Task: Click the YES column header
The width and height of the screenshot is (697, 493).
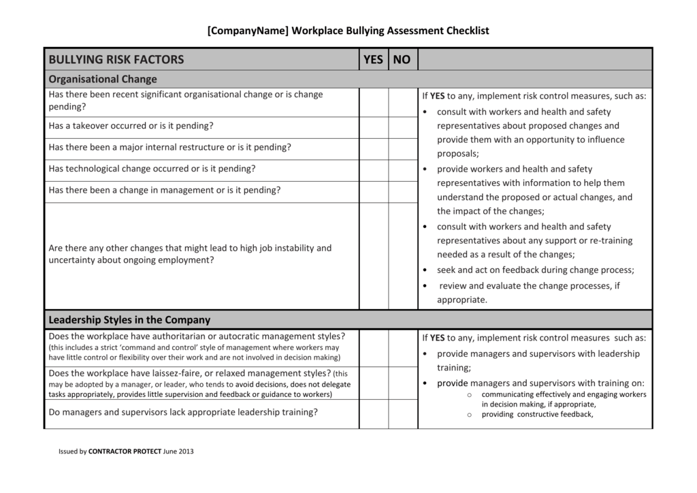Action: click(x=373, y=59)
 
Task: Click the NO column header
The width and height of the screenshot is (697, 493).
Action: click(x=402, y=59)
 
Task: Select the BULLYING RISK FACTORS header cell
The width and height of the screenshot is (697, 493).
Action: click(x=116, y=59)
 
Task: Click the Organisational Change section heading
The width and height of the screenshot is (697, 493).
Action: click(x=103, y=79)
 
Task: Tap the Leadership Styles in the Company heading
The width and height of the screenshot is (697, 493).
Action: click(x=129, y=319)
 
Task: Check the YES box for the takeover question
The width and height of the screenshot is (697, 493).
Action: click(x=373, y=127)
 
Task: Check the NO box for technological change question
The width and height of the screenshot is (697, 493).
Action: click(x=402, y=170)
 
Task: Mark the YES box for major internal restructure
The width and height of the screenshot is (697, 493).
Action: click(x=373, y=148)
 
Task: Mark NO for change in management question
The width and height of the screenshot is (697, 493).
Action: click(x=402, y=191)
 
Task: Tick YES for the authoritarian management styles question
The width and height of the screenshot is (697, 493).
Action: click(x=373, y=347)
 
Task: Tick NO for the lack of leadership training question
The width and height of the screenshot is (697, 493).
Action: click(x=402, y=413)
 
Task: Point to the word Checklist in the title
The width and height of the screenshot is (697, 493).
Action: click(x=468, y=31)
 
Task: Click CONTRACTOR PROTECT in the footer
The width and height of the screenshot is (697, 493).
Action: click(x=125, y=451)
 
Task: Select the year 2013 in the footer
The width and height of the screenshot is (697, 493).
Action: click(x=186, y=451)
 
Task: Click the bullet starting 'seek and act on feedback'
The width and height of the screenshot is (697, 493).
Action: click(x=535, y=270)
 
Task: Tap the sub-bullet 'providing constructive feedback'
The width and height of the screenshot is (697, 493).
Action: click(x=537, y=414)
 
